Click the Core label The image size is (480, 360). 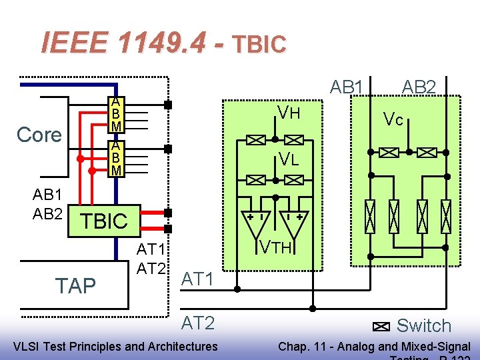[x=39, y=135]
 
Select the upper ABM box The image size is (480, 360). [x=116, y=114]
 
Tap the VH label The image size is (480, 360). [x=289, y=113]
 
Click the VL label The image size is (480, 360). [x=289, y=159]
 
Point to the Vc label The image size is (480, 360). [x=393, y=119]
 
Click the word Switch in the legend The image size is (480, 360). [x=423, y=326]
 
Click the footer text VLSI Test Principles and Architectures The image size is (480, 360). [x=115, y=345]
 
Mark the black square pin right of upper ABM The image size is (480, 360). [x=168, y=105]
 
